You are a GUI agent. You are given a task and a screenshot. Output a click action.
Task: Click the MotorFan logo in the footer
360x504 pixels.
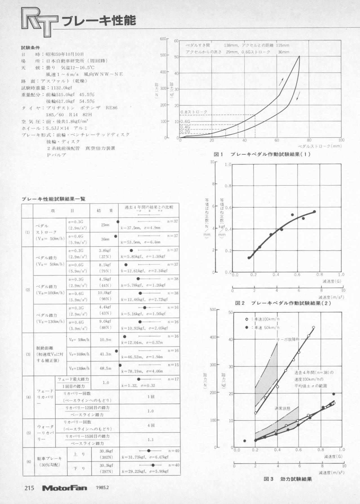point(64,488)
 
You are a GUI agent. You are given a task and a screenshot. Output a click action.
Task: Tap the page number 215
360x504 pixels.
point(29,488)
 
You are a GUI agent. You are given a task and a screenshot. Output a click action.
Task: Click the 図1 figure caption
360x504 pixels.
point(262,154)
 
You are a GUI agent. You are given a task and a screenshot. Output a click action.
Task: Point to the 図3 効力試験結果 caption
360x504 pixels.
point(288,479)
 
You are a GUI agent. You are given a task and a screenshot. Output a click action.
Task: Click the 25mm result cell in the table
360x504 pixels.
point(105,225)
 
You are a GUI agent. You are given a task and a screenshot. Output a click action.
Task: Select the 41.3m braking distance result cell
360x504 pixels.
point(106,354)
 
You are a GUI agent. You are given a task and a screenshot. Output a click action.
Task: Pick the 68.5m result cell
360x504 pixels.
point(106,368)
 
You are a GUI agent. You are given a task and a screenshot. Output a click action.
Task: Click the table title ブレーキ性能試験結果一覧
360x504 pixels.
point(53,199)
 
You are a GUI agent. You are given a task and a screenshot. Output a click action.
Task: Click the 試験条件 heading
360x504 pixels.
point(30,48)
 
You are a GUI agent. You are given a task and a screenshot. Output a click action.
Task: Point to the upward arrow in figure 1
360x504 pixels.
point(281,82)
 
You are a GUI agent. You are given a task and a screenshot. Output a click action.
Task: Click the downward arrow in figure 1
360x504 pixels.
point(298,96)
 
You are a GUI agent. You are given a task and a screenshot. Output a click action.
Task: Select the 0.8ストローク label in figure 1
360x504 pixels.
point(194,112)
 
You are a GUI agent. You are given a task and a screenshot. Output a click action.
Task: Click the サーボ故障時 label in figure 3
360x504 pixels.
point(288,339)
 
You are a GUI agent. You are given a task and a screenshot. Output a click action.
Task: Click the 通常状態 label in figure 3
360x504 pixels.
point(282,408)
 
